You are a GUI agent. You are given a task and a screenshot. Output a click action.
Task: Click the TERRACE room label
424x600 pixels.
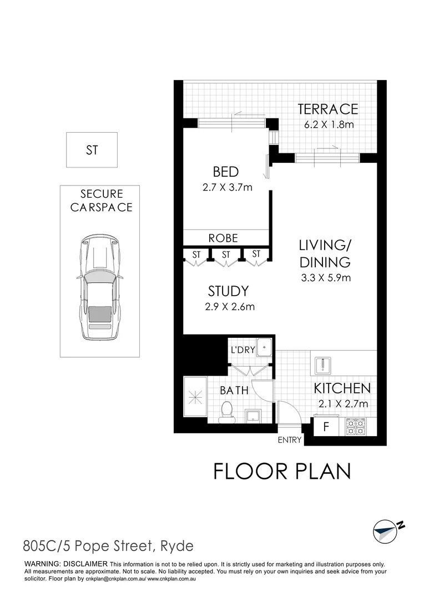[327, 109]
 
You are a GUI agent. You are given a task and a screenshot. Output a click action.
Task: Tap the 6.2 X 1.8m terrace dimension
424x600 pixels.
[327, 124]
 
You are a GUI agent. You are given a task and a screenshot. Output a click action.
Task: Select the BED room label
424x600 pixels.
[225, 172]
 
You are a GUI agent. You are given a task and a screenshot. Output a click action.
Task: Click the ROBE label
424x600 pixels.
[223, 238]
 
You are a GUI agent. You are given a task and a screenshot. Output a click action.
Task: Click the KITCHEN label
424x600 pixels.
[342, 388]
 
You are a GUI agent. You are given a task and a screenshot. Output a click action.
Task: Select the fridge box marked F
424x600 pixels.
[326, 428]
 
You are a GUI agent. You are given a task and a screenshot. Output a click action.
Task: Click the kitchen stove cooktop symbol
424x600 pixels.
[356, 427]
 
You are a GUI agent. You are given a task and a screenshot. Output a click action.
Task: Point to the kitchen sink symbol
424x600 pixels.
[324, 365]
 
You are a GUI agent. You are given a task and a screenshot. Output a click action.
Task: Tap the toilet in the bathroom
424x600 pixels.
[226, 413]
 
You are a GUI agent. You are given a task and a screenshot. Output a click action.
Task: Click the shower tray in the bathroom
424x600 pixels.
[195, 397]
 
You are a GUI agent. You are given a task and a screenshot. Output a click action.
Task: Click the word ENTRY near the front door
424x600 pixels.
[290, 441]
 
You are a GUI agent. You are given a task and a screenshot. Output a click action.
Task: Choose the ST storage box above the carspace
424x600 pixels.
[92, 149]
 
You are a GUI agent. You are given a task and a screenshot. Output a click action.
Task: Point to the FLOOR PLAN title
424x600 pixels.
[282, 471]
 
